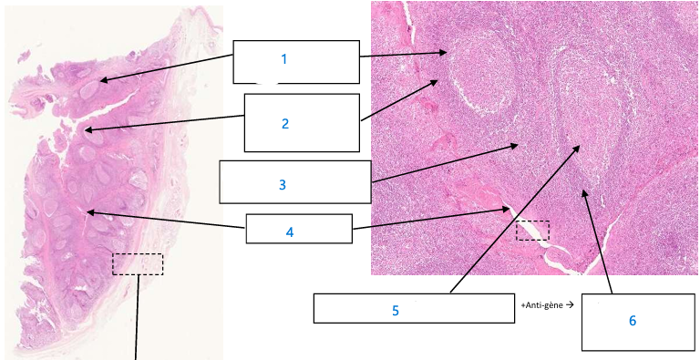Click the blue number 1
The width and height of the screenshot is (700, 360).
coord(283,59)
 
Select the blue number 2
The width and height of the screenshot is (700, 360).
coord(284,123)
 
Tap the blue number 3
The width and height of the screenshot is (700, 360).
coord(283,184)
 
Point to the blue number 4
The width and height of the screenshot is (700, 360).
coord(289,232)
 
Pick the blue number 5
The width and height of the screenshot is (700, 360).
coord(396,310)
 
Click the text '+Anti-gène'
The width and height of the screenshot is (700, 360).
coord(540,305)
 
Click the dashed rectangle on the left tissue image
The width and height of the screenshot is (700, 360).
coord(138,264)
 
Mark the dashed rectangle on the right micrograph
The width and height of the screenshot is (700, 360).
coord(533,231)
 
